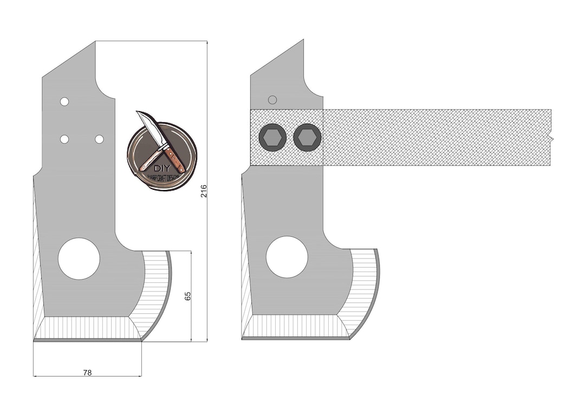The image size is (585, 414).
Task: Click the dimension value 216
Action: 204,191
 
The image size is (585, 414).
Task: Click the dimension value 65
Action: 188,296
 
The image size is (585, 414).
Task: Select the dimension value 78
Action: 87,372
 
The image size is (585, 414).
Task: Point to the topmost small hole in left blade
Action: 64,101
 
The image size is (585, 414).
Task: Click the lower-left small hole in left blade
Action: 64,139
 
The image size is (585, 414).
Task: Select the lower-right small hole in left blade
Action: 99,139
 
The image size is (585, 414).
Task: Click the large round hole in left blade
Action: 79,258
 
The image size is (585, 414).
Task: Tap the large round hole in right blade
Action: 287,257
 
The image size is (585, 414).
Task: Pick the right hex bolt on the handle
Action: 307,138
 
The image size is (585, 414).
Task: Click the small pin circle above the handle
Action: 272,100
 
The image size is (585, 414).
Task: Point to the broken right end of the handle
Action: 550,138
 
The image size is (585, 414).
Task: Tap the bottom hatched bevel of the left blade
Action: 87,327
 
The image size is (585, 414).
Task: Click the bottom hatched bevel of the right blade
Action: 295,326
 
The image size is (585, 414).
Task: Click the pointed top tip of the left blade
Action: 95,42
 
